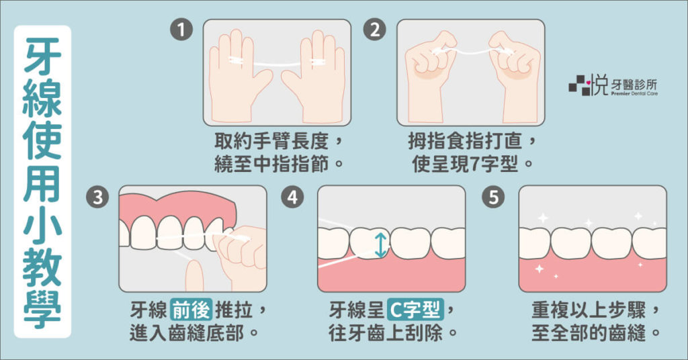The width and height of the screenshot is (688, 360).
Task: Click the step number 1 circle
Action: [181, 30]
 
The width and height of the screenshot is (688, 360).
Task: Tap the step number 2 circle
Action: [375, 30]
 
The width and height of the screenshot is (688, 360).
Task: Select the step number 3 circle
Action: [97, 197]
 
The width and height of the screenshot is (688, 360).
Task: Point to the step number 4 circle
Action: [292, 197]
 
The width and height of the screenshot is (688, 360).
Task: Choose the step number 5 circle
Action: [493, 197]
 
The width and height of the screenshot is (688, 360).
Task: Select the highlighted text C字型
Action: [415, 310]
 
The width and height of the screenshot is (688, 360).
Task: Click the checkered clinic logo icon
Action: [579, 85]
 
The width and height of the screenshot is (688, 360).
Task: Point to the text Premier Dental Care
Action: [634, 93]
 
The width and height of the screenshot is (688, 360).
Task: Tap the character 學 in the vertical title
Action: [42, 309]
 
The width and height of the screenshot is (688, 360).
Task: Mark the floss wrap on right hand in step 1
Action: [318, 62]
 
